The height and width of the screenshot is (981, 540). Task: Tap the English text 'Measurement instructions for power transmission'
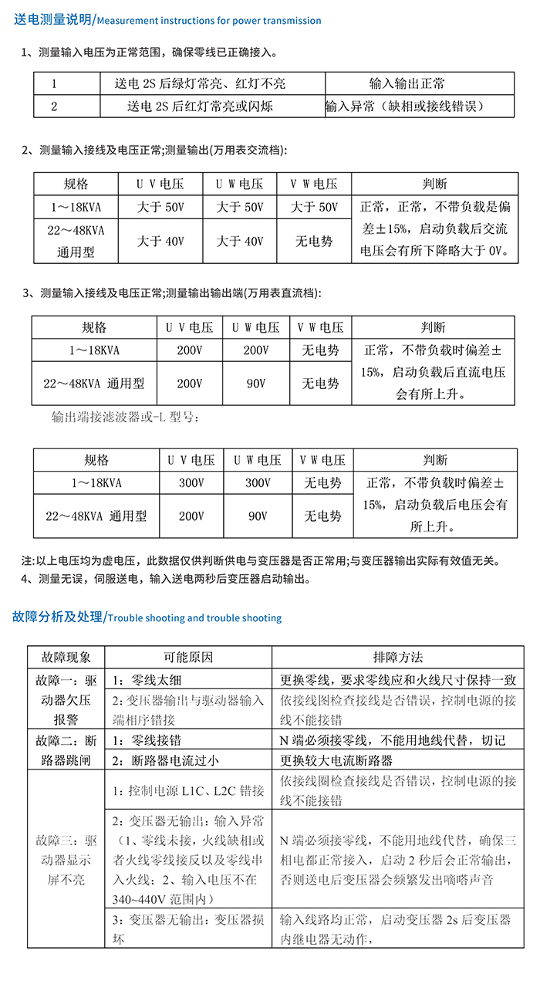coord(210,21)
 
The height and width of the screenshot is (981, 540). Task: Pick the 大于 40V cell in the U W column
coord(239,242)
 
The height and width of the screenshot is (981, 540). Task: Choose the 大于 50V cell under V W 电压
coord(314,208)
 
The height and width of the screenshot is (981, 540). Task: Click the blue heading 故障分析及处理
coord(58,617)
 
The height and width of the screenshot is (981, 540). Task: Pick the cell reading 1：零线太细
coord(147,680)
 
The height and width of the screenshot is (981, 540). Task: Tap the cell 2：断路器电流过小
coord(165,759)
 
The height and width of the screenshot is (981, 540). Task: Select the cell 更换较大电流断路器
coord(336,759)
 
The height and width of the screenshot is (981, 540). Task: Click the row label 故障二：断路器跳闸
coord(65,749)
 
